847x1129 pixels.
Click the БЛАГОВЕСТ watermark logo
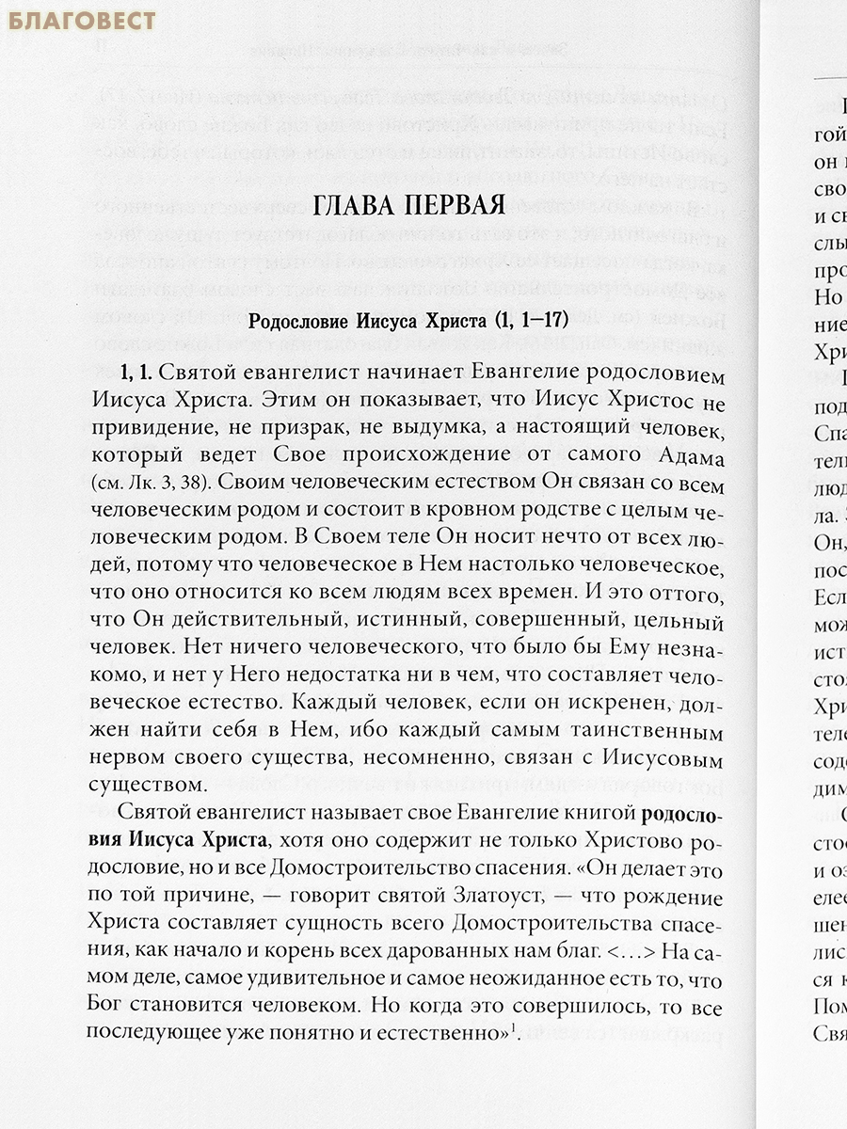tap(82, 20)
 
